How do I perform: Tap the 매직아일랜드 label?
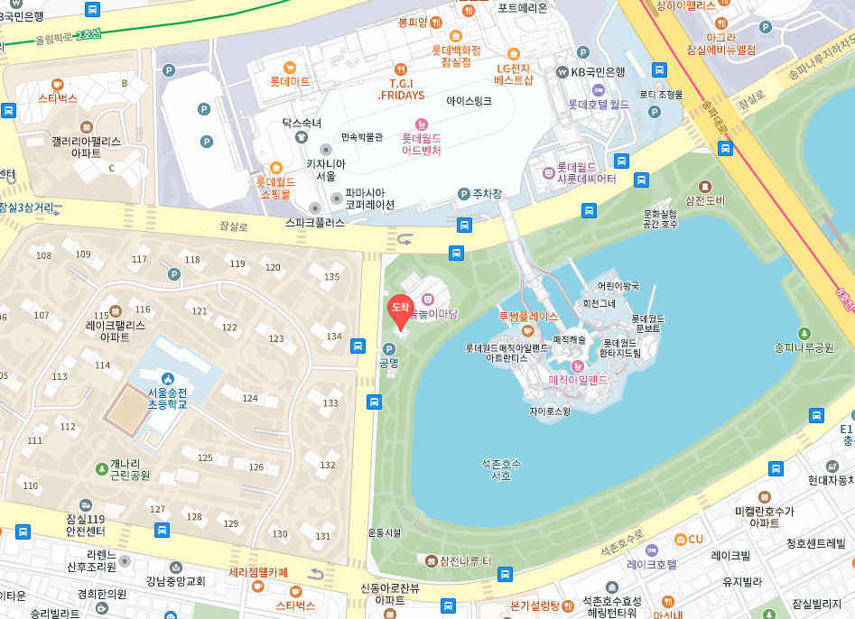579,380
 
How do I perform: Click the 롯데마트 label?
290,81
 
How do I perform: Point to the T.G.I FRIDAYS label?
401,88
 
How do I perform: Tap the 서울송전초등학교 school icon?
166,378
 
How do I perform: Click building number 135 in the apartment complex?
332,277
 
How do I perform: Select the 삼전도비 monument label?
705,200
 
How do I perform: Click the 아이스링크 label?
469,101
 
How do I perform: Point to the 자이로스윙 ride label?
550,411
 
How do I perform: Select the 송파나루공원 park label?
804,347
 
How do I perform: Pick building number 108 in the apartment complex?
43,255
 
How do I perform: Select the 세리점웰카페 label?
258,572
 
